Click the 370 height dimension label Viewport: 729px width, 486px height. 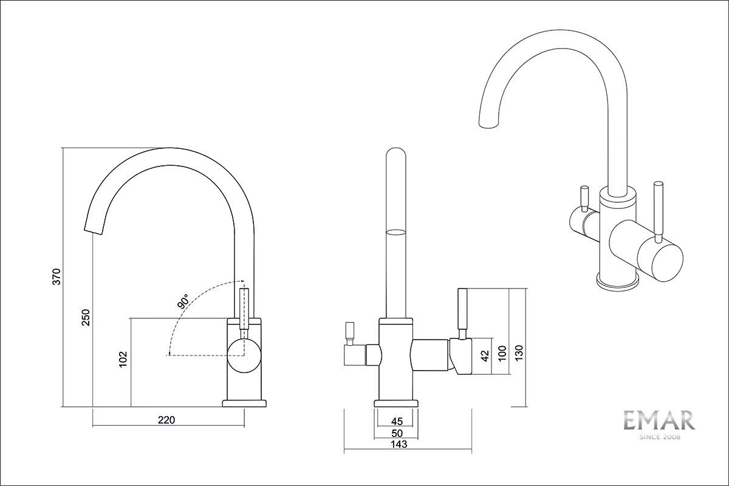tap(56, 276)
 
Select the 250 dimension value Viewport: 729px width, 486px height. tap(86, 317)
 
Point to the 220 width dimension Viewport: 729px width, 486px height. tap(166, 420)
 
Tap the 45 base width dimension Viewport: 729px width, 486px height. tap(397, 422)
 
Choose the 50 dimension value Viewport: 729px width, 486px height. tap(397, 433)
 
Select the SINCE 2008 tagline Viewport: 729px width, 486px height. tap(659, 437)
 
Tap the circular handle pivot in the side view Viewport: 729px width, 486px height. tap(244, 355)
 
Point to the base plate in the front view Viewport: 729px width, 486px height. tap(397, 403)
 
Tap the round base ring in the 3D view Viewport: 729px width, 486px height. tap(617, 281)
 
